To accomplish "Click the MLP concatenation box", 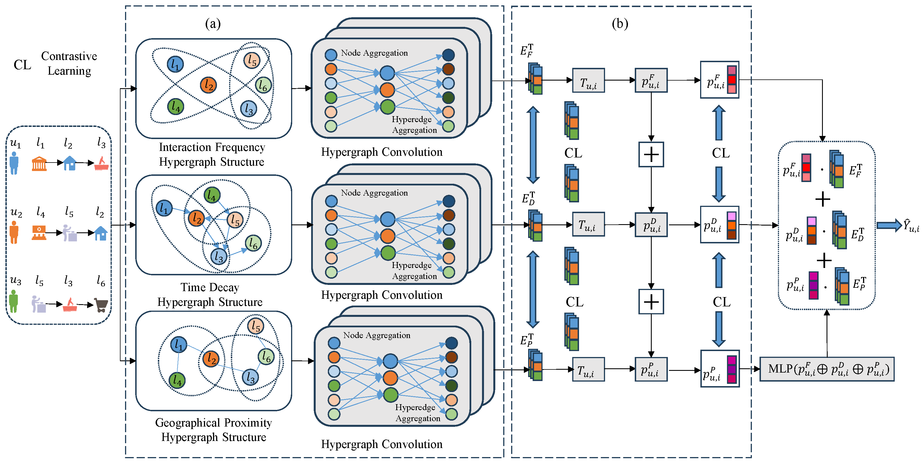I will (x=827, y=369).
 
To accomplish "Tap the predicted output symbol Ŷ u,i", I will (x=911, y=226).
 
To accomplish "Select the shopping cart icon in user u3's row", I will (x=101, y=305).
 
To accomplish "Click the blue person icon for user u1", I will (x=14, y=163).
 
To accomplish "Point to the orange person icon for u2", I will (x=14, y=232).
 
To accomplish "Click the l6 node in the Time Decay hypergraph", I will (x=253, y=243).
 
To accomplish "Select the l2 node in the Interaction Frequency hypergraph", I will (x=208, y=85).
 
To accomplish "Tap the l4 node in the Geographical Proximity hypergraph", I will (x=177, y=380).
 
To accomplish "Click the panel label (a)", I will (x=213, y=24).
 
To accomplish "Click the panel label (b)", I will (x=620, y=24).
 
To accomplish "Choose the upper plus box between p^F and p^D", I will (x=651, y=155).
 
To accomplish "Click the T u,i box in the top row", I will (x=588, y=81).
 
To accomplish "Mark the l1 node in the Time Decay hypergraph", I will (x=164, y=208).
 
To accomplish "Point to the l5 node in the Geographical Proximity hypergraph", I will (x=255, y=326).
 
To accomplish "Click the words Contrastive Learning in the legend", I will (x=69, y=63).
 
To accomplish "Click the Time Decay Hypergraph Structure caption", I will (x=210, y=294).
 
